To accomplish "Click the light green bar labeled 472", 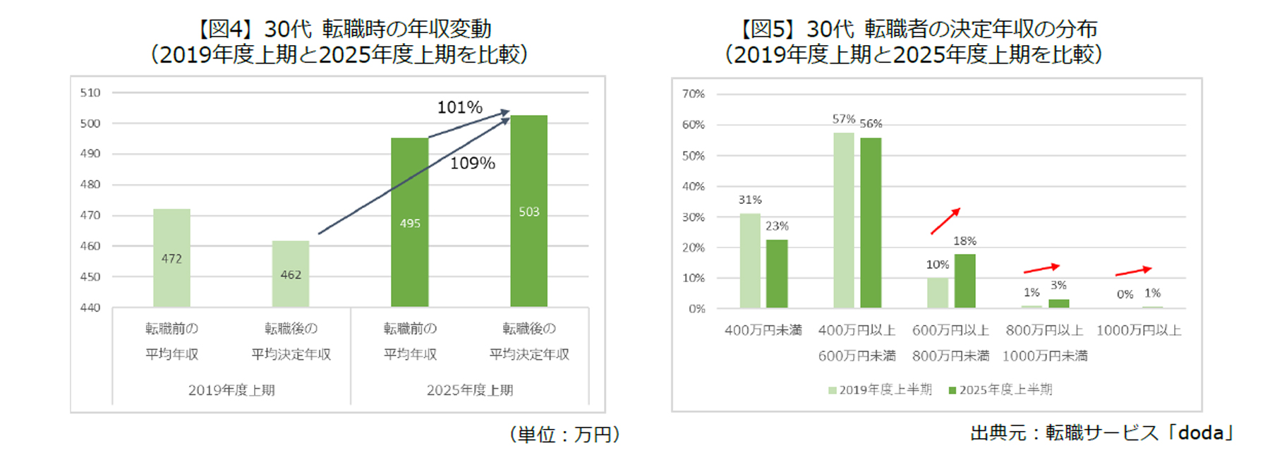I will [x=171, y=257].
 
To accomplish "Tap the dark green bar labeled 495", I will [x=410, y=222].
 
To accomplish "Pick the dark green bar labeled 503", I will [x=529, y=211].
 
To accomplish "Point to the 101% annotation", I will [x=459, y=107].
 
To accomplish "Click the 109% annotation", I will [x=473, y=164].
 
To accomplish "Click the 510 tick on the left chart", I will [x=90, y=92].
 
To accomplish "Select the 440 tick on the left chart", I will [x=90, y=308].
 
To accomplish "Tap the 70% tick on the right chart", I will [x=693, y=94].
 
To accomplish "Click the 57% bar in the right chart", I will [x=844, y=220].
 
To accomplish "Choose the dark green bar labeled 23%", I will [x=777, y=274].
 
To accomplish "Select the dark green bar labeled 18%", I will [x=964, y=281].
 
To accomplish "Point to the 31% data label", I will [x=750, y=200].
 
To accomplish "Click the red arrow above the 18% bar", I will [x=945, y=221].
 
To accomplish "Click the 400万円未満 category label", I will [x=763, y=330].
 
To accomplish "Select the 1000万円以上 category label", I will [x=1139, y=330].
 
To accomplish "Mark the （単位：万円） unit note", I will [x=565, y=434].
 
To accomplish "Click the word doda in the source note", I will [x=1201, y=432].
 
